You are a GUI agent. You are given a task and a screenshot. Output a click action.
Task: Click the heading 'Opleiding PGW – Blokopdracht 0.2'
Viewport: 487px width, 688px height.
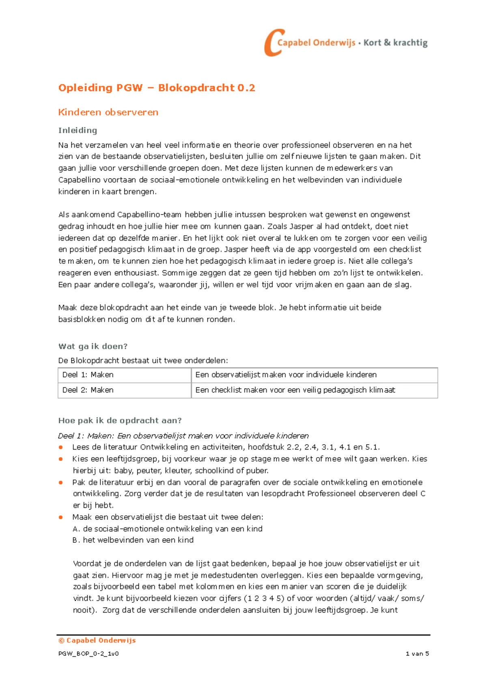tap(157, 88)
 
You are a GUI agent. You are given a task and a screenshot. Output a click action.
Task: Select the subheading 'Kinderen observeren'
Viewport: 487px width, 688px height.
tap(108, 112)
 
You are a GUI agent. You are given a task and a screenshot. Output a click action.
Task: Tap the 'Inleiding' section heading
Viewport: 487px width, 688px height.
tap(78, 130)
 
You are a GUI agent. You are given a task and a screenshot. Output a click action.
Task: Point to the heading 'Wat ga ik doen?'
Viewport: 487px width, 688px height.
tap(93, 346)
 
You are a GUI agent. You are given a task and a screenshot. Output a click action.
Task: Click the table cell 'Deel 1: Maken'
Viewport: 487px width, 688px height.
tap(88, 375)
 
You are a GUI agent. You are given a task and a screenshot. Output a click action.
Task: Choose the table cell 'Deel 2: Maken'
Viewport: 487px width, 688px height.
tap(88, 390)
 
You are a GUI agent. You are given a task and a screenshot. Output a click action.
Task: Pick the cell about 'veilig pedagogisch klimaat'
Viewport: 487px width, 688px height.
tap(295, 390)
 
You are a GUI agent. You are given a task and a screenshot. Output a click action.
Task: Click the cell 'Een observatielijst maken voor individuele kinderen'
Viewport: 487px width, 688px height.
tap(286, 375)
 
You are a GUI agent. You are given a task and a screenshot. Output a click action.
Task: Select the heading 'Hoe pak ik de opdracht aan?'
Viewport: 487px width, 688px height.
tap(120, 421)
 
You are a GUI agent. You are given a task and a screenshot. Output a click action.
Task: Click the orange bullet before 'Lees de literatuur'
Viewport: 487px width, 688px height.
tap(61, 447)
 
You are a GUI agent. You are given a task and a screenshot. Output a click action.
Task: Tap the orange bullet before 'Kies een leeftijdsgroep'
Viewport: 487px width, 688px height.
tap(61, 459)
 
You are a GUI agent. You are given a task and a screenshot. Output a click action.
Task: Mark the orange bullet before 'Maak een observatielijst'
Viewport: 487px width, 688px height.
tap(61, 517)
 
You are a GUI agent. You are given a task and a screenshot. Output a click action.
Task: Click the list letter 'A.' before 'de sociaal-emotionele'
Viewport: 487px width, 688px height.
tap(76, 529)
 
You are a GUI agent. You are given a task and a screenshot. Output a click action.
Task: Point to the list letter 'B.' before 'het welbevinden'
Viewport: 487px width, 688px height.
tap(76, 540)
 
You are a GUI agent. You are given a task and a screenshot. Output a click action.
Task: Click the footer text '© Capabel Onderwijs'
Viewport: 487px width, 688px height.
tap(97, 641)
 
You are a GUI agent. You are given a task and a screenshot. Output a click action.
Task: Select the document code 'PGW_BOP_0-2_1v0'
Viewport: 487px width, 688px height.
tap(88, 654)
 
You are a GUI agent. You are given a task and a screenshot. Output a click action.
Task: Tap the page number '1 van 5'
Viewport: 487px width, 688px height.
tap(417, 654)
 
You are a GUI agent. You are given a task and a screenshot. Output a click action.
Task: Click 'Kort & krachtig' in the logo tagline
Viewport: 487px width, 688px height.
tap(395, 43)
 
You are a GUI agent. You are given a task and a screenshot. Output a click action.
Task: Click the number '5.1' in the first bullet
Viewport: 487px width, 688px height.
tap(372, 447)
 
